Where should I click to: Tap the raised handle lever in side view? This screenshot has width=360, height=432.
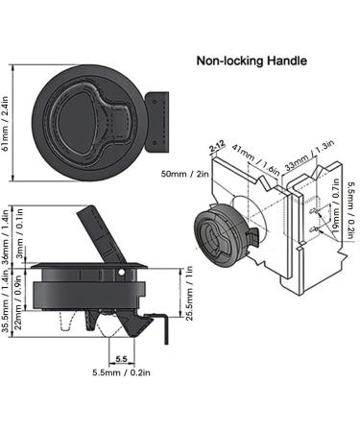point(96,232)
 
